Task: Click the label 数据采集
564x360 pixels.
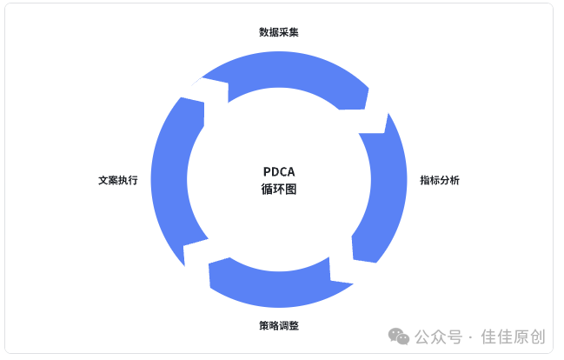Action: (279, 32)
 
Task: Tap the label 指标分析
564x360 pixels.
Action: (440, 180)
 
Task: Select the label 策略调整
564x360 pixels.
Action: (279, 325)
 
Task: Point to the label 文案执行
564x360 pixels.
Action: (118, 180)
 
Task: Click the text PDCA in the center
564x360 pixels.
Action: (279, 171)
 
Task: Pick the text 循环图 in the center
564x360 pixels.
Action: (279, 189)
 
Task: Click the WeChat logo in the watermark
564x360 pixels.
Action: (399, 337)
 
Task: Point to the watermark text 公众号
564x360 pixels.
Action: (438, 337)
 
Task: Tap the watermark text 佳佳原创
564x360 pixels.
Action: (514, 337)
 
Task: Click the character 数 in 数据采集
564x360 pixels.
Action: (264, 32)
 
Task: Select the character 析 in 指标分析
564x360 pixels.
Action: (455, 180)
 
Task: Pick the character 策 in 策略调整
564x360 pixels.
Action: (264, 325)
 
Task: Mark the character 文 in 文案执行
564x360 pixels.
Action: (103, 180)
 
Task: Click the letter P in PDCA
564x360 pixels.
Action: (267, 171)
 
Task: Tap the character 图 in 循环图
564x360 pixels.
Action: (291, 189)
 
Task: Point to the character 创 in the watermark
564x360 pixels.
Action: (538, 337)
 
